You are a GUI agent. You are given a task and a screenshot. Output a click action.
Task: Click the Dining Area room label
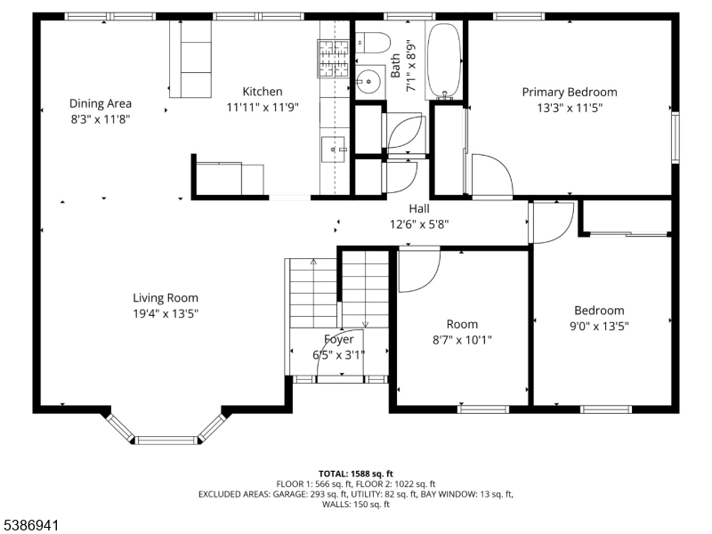100,103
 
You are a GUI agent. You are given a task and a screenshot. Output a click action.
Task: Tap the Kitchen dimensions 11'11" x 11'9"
263,107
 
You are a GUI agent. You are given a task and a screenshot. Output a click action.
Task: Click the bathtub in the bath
443,60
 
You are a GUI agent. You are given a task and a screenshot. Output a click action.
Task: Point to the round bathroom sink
367,82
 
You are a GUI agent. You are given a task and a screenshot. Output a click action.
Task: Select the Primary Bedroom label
569,92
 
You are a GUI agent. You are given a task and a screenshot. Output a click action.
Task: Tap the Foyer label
338,339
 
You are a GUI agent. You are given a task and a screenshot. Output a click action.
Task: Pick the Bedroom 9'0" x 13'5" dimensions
599,326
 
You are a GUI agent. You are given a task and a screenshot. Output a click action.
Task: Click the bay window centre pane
166,439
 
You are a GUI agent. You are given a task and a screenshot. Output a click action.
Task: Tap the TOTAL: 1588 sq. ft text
355,473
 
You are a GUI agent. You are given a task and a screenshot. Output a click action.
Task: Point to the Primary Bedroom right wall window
675,138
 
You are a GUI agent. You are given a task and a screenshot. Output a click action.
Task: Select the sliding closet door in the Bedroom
628,234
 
